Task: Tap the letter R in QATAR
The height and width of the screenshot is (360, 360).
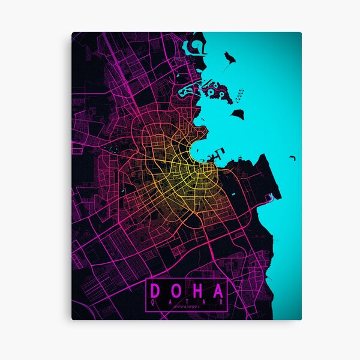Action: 221,303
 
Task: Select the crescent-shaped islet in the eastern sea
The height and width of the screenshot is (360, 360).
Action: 292,158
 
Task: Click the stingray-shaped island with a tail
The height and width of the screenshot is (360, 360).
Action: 229,59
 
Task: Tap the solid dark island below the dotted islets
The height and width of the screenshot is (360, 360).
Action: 238,113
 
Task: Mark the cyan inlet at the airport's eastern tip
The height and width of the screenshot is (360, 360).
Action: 272,196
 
